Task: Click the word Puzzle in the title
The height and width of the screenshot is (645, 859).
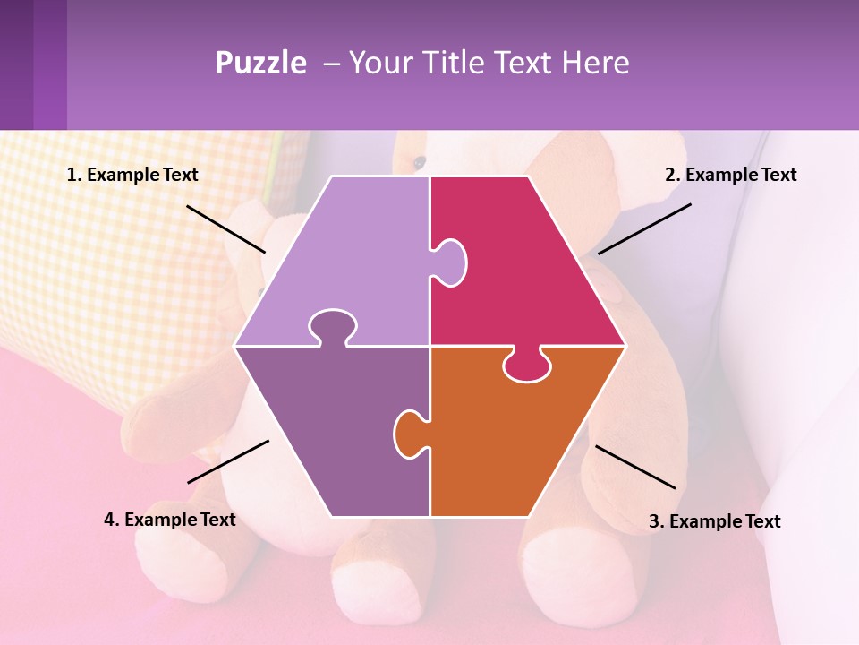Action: [x=260, y=64]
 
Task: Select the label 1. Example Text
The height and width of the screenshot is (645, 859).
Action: [x=132, y=176]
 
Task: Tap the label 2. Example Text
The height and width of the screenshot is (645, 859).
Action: [x=730, y=176]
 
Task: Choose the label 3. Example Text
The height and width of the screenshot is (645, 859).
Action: [x=714, y=521]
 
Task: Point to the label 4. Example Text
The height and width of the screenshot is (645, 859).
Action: [x=170, y=520]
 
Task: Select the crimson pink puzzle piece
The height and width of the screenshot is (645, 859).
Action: [x=528, y=269]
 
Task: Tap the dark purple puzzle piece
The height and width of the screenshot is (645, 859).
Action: [x=331, y=430]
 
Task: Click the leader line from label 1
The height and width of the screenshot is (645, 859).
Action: [x=225, y=228]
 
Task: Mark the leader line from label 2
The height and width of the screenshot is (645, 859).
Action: [x=644, y=228]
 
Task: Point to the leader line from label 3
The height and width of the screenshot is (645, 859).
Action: [x=635, y=467]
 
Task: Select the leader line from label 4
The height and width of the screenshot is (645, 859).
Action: [x=228, y=461]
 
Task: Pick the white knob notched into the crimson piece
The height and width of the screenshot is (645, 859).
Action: [x=450, y=261]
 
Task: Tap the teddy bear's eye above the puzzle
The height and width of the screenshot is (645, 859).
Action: [x=419, y=162]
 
